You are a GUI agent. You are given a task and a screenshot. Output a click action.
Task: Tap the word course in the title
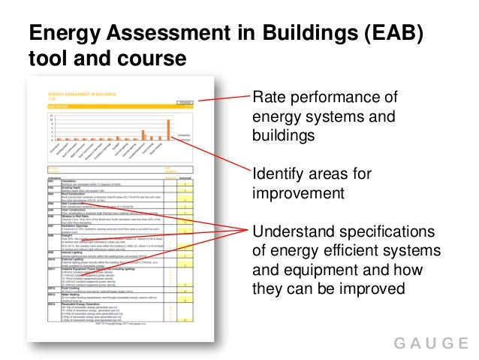coord(149,59)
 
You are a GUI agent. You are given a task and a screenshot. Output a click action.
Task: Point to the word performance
coord(336,99)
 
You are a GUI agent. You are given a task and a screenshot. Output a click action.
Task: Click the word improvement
coord(298,193)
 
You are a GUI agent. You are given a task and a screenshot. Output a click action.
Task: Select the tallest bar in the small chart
coord(169,130)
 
